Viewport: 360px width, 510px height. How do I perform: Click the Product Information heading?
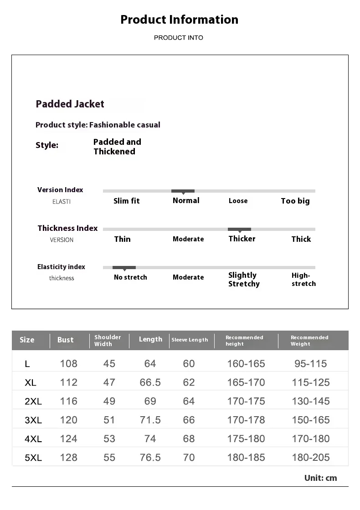click(x=179, y=20)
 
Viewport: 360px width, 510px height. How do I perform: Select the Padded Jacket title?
click(x=70, y=104)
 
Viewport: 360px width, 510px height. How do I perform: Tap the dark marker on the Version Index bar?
click(x=183, y=191)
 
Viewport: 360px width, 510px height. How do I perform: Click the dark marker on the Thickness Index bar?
click(x=239, y=229)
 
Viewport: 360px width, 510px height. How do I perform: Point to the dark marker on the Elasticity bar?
click(x=124, y=268)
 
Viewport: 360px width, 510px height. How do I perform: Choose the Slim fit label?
click(x=126, y=201)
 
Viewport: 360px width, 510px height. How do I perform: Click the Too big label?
click(x=295, y=201)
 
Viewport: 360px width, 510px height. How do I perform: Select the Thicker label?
click(x=242, y=239)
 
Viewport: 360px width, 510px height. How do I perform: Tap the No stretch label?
click(x=130, y=277)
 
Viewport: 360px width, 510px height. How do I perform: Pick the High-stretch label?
click(x=303, y=279)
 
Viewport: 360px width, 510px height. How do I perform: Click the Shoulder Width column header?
click(x=108, y=341)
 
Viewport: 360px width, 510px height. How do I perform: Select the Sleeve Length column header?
click(x=190, y=340)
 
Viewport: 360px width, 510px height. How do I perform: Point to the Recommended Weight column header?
click(x=309, y=341)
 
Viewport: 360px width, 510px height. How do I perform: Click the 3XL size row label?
click(x=33, y=420)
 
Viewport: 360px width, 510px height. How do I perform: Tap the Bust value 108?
click(x=69, y=363)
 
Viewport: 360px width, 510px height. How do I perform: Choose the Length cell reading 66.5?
click(x=150, y=382)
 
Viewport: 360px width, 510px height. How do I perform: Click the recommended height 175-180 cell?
click(x=246, y=439)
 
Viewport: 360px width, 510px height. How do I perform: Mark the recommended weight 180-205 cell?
click(x=311, y=458)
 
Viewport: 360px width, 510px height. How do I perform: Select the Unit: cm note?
click(x=320, y=478)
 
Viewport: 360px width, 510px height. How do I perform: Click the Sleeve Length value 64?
click(x=189, y=401)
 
